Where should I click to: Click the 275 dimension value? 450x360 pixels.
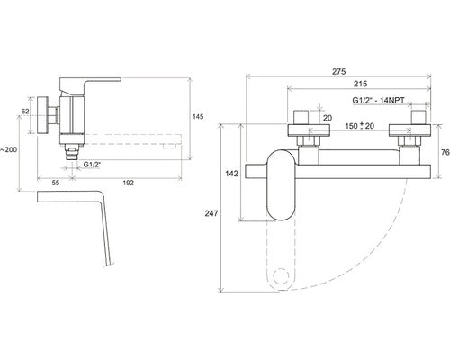click(338, 71)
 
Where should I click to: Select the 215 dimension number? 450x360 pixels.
click(360, 84)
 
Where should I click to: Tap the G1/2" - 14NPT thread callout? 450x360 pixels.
click(378, 100)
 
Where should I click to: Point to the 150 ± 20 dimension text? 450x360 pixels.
click(359, 126)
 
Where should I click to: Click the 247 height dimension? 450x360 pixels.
click(211, 213)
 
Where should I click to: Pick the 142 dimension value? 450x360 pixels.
click(231, 174)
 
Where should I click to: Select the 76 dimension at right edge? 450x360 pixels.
click(445, 152)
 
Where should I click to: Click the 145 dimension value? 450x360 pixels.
click(197, 116)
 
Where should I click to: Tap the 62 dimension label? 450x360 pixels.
click(25, 112)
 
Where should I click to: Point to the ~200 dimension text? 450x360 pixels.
click(8, 149)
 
